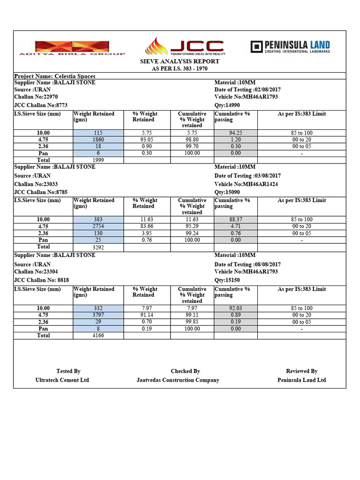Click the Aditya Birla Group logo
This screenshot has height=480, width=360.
pyautogui.click(x=72, y=48)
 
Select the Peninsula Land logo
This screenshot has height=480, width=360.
pyautogui.click(x=290, y=47)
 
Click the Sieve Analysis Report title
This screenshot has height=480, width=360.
pyautogui.click(x=180, y=61)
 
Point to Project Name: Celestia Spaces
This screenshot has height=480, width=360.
pyautogui.click(x=55, y=76)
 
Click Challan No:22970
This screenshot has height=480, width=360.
pyautogui.click(x=36, y=97)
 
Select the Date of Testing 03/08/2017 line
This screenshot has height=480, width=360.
pyautogui.click(x=247, y=176)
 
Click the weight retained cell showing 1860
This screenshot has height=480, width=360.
pyautogui.click(x=98, y=140)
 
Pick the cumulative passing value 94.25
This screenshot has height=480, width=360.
pyautogui.click(x=236, y=133)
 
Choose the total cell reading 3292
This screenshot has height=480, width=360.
pyautogui.click(x=98, y=247)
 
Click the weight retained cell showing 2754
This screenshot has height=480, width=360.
pyautogui.click(x=98, y=226)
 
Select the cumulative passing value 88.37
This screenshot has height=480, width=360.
pyautogui.click(x=236, y=219)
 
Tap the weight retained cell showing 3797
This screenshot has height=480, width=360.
pyautogui.click(x=98, y=315)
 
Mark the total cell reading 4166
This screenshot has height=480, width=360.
pyautogui.click(x=98, y=336)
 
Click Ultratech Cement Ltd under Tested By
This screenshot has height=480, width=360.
pyautogui.click(x=62, y=380)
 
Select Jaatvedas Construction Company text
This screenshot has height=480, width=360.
pyautogui.click(x=178, y=380)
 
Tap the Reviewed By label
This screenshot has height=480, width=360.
pyautogui.click(x=301, y=371)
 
